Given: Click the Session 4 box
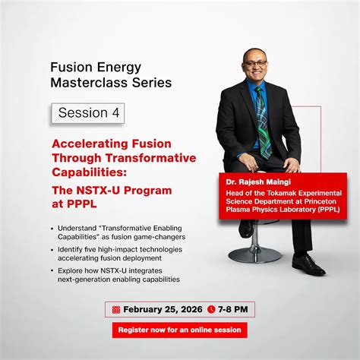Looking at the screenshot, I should [87, 112].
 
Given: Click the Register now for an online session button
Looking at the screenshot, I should [179, 330].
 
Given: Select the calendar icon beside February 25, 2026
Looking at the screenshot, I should [115, 310].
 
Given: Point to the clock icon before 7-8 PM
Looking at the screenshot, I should [211, 310].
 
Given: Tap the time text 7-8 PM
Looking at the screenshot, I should [234, 310].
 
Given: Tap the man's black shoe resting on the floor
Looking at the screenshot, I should [308, 264].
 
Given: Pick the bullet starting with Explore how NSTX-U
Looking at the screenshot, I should [114, 275].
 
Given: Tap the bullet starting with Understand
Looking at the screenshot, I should [114, 232].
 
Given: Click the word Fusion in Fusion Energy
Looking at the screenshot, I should [71, 66].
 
